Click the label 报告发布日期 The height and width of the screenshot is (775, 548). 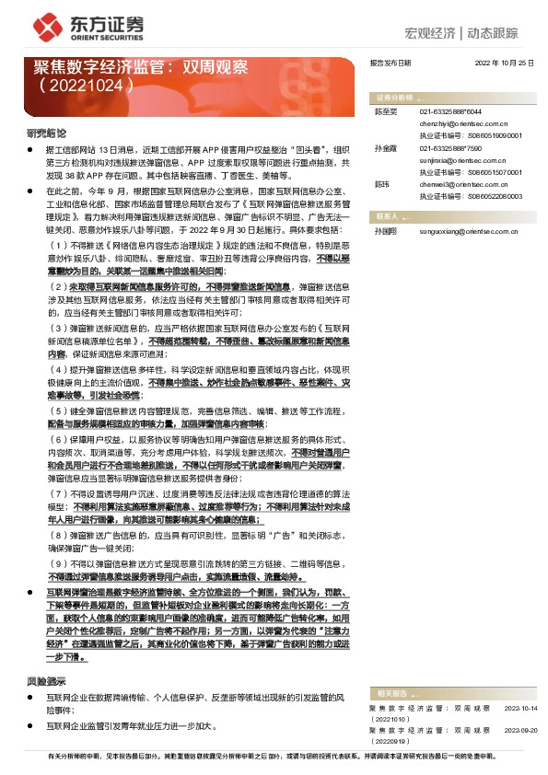coord(390,63)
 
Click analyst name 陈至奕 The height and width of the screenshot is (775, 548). coord(384,110)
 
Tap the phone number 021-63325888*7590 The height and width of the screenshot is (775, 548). coord(451,147)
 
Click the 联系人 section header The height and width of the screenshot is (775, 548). coord(386,215)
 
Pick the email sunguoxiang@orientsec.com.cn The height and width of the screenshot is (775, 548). coord(470,230)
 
